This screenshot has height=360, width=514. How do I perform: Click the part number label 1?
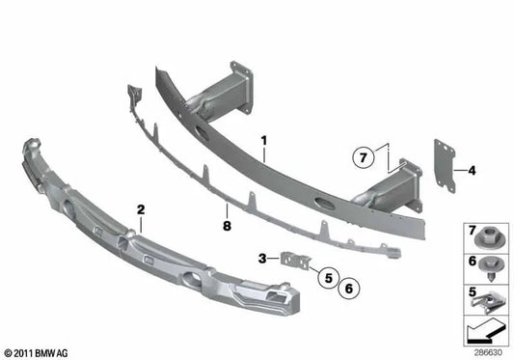pyautogui.click(x=264, y=141)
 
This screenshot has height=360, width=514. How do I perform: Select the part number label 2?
pyautogui.click(x=141, y=209)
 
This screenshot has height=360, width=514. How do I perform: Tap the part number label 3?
pyautogui.click(x=262, y=259)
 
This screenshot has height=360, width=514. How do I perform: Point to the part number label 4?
pyautogui.click(x=472, y=170)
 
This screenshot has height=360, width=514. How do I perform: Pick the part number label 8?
pyautogui.click(x=227, y=226)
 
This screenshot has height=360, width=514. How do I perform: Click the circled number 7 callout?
pyautogui.click(x=363, y=158)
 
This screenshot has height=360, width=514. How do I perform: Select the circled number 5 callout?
pyautogui.click(x=329, y=278)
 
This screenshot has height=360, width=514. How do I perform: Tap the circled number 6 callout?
pyautogui.click(x=349, y=289)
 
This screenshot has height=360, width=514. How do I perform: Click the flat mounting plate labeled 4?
pyautogui.click(x=445, y=166)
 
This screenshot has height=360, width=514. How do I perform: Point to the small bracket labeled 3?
pyautogui.click(x=295, y=260)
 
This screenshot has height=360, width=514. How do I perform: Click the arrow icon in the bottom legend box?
pyautogui.click(x=485, y=330)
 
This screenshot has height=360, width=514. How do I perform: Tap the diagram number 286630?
pyautogui.click(x=488, y=352)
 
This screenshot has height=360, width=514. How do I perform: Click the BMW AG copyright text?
pyautogui.click(x=36, y=353)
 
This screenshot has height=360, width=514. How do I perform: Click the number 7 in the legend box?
pyautogui.click(x=472, y=230)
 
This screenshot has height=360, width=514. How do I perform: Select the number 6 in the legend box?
pyautogui.click(x=472, y=261)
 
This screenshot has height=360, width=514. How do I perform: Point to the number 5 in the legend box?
pyautogui.click(x=472, y=291)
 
